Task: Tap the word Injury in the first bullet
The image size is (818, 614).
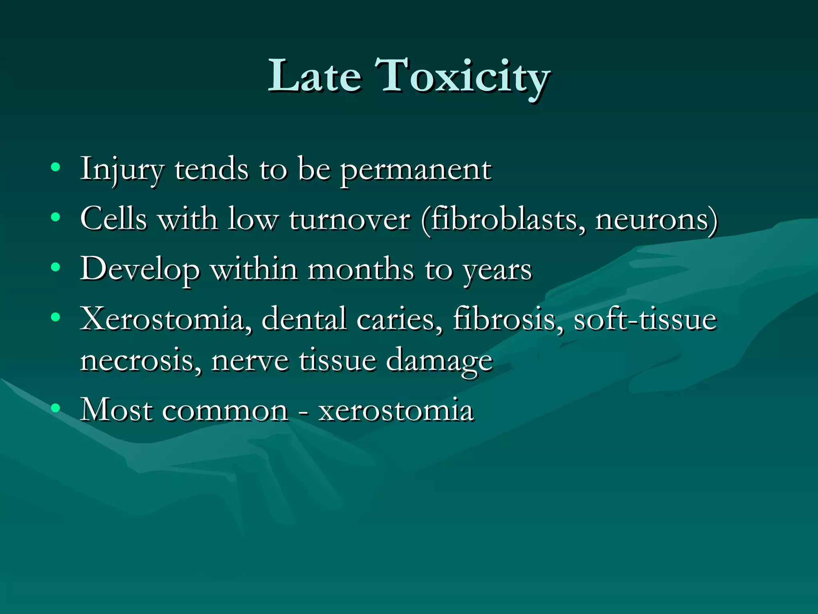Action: click(122, 170)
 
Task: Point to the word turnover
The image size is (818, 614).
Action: click(349, 219)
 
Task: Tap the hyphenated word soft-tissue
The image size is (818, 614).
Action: click(645, 319)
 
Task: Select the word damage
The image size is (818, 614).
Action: click(439, 362)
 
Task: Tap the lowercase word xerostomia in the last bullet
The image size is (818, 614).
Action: click(396, 411)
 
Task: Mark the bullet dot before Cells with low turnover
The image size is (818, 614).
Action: click(56, 217)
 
